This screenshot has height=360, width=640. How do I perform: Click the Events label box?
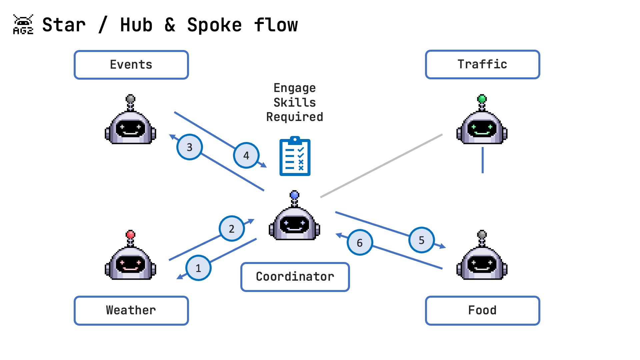point(131,65)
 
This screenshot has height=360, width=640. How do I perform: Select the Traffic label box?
point(482,64)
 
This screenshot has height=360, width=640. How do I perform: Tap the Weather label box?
point(131,310)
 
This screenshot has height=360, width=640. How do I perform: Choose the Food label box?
point(482,310)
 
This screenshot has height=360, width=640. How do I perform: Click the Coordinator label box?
point(295,277)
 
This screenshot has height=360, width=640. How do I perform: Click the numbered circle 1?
point(198,268)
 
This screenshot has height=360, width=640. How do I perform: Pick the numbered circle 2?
point(232,229)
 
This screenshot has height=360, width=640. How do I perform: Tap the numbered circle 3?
point(189,147)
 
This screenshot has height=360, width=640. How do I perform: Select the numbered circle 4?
point(246,155)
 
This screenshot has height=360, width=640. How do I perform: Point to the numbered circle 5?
point(422,240)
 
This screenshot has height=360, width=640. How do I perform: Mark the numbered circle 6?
point(360,243)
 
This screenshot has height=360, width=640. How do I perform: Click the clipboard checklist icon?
point(295,156)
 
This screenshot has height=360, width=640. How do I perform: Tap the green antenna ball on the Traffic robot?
point(482,99)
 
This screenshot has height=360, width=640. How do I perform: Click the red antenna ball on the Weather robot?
point(131,234)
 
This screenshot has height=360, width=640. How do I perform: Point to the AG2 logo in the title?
point(23,25)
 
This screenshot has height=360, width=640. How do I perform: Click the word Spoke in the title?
point(214,25)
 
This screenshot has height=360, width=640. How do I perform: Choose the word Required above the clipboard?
point(295,117)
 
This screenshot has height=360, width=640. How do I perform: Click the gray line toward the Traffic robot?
point(381,166)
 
